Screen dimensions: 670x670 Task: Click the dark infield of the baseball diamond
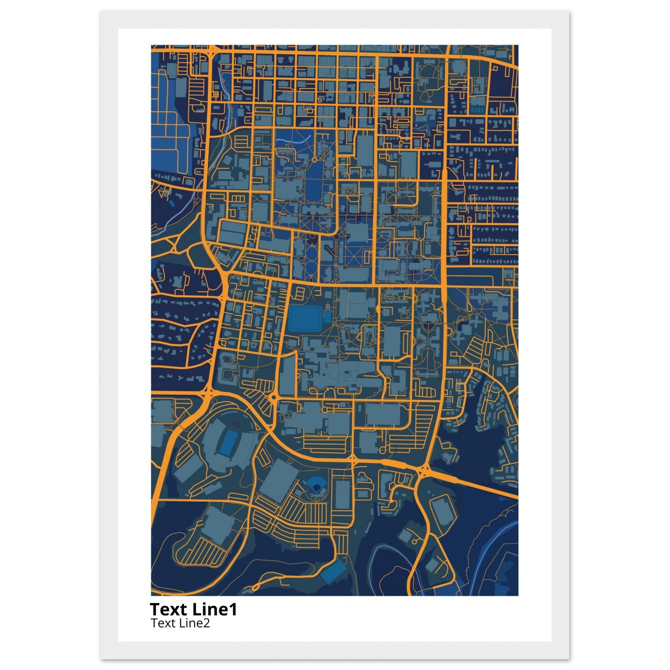click(x=316, y=487)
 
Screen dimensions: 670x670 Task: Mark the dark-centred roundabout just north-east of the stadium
click(x=273, y=397)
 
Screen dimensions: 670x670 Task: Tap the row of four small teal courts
click(x=479, y=110)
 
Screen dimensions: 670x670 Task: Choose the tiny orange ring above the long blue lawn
click(x=314, y=160)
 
